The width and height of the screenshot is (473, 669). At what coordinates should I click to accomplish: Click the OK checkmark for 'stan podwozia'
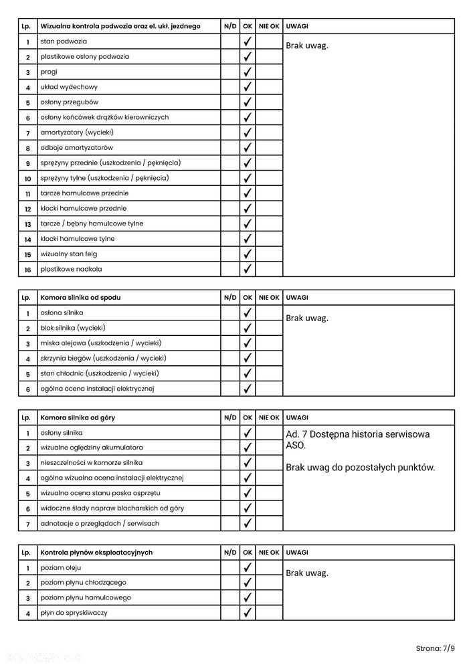coord(248,41)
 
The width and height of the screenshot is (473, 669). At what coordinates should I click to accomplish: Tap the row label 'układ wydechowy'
coord(69,87)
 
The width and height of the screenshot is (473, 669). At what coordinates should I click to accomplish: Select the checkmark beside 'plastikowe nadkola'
coord(248,269)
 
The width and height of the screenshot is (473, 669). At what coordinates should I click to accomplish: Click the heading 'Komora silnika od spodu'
coord(81,297)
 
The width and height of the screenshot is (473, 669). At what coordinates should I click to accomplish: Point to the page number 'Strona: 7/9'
coord(435,648)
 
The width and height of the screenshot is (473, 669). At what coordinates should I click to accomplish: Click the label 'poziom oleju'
coord(61,567)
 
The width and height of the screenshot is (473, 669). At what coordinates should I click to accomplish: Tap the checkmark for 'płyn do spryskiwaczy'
coord(248,613)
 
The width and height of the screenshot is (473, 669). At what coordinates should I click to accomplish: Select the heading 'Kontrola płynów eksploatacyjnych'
coord(96,553)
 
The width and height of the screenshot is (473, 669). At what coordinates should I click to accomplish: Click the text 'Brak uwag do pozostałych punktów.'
coord(360,467)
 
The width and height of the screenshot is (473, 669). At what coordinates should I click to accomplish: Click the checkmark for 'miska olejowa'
coord(248,343)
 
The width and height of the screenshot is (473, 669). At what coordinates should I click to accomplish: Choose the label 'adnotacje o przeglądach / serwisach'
coord(100,523)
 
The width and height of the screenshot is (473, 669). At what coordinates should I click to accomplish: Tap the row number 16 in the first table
coord(28,270)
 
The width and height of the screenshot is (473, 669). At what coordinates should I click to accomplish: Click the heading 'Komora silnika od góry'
coord(78,417)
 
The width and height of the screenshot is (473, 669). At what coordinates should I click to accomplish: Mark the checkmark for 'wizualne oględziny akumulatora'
coord(248,448)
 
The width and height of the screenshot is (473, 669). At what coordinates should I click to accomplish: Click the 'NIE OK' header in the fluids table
coord(269,553)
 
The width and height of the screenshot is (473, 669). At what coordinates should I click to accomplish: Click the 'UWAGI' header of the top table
coord(296,26)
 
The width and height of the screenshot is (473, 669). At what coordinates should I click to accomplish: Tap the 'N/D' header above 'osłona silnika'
coord(230,297)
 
